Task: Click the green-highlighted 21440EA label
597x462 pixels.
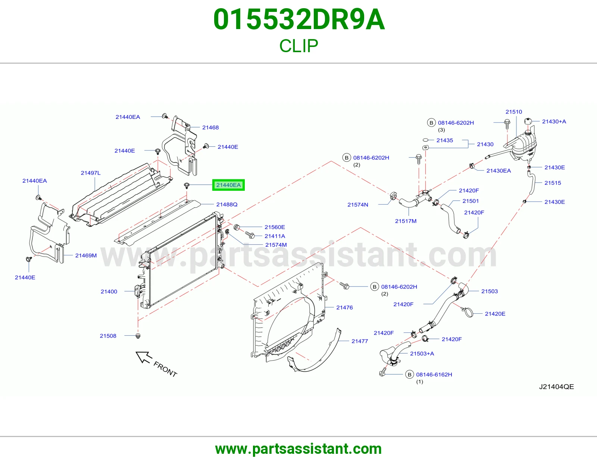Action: (228, 185)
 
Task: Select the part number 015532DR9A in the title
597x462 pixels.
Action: (299, 19)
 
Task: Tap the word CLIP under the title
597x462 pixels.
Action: (298, 46)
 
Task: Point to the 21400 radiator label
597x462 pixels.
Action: (109, 291)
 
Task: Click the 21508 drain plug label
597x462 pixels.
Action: (108, 336)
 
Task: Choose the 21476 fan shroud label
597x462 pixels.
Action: (344, 307)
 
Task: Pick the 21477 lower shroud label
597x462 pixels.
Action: (360, 341)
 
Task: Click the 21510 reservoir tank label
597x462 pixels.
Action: (514, 112)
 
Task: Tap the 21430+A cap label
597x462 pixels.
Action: (554, 121)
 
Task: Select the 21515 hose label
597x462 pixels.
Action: (553, 183)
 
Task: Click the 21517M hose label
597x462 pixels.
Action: (406, 221)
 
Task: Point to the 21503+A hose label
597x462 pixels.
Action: (422, 353)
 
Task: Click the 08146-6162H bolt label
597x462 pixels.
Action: (434, 374)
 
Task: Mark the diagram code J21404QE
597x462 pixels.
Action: (556, 387)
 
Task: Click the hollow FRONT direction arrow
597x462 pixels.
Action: (143, 357)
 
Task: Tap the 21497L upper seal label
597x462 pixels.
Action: (91, 173)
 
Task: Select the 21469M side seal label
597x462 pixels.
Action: (86, 256)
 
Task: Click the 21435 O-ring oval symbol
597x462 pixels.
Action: (426, 140)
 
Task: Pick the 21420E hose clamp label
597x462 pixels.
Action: (495, 314)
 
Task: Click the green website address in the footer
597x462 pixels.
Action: (298, 449)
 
